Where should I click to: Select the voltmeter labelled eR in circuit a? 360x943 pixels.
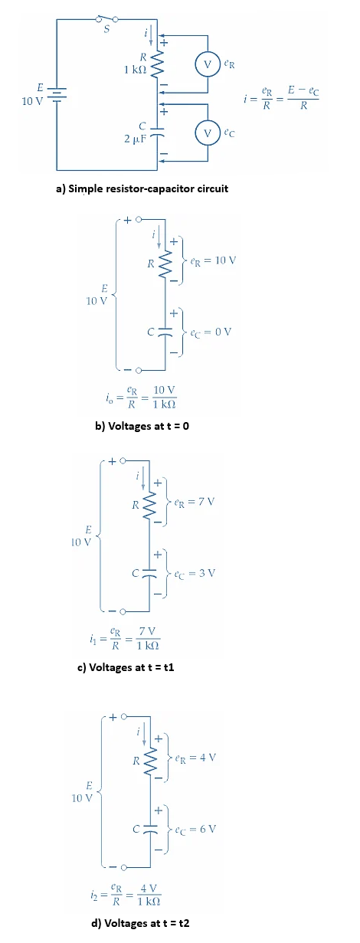[x=207, y=64]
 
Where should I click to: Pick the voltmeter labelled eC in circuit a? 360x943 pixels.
[x=207, y=132]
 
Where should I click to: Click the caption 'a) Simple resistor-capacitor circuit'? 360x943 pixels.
[x=141, y=188]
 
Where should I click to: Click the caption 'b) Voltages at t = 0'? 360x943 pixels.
[x=141, y=426]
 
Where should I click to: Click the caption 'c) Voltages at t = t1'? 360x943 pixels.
[x=127, y=666]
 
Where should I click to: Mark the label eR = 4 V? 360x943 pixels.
[x=196, y=758]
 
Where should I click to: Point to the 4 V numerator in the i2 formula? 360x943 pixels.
[x=150, y=889]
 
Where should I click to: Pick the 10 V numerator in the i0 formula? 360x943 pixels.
[x=165, y=391]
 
